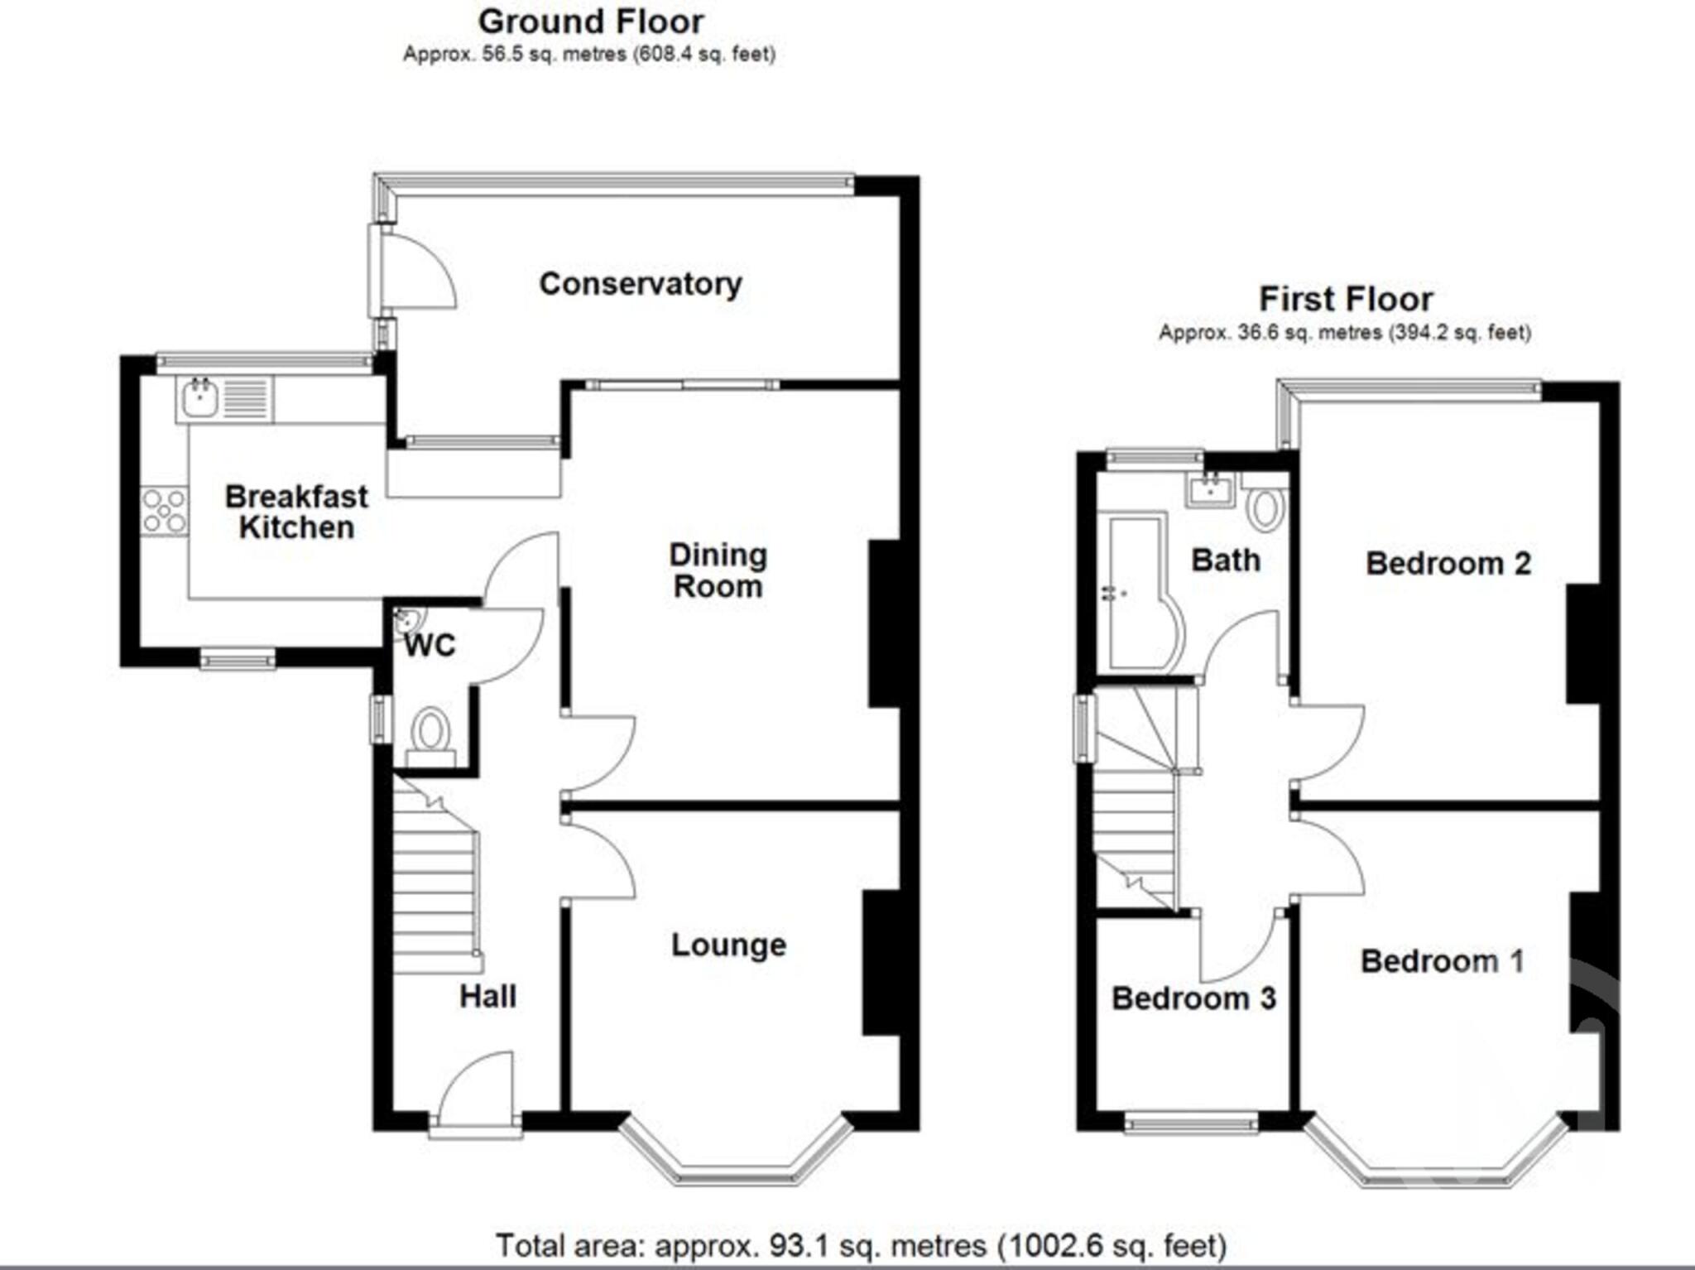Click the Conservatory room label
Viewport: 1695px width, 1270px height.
(x=640, y=284)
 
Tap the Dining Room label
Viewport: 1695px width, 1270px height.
(x=718, y=570)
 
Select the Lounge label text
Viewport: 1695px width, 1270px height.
(x=728, y=945)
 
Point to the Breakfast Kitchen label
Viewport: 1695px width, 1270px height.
(x=296, y=512)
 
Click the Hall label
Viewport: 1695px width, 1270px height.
(x=487, y=996)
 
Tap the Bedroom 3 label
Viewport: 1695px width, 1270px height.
(x=1193, y=998)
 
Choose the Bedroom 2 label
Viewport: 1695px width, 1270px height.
(x=1448, y=564)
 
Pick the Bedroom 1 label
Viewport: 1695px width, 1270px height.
(x=1442, y=961)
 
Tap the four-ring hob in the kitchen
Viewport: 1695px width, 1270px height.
(x=164, y=511)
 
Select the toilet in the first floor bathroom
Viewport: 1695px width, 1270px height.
(x=1265, y=508)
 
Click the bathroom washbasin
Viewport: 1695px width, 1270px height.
(x=1210, y=489)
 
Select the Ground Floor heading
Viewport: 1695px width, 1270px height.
(x=590, y=22)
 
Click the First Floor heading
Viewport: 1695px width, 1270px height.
(x=1346, y=299)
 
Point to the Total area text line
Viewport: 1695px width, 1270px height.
(x=861, y=1245)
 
